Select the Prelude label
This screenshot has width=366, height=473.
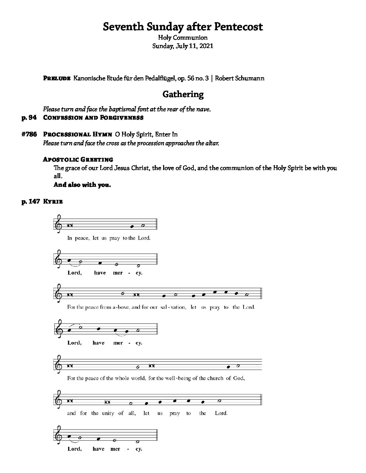pos(57,79)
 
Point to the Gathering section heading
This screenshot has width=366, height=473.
pos(183,94)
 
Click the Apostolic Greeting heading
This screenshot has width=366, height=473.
pos(78,159)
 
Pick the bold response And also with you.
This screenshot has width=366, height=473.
pos(82,185)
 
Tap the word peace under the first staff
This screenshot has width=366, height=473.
pos(82,238)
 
